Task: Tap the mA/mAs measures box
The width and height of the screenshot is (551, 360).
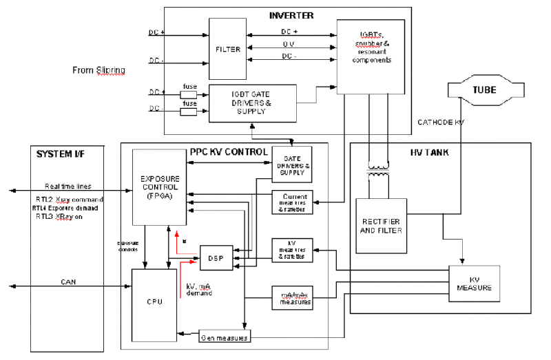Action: click(x=293, y=297)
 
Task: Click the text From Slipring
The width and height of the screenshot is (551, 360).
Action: click(x=98, y=70)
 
